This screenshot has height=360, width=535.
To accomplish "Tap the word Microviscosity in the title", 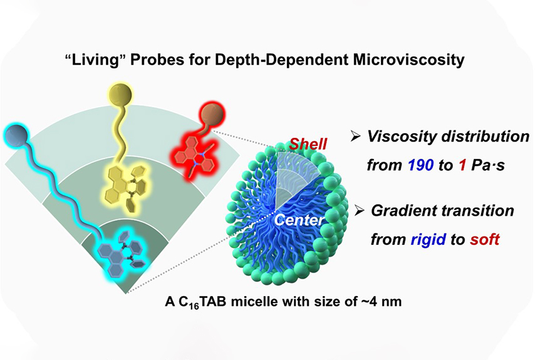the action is coord(408,60).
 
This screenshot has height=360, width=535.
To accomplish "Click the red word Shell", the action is coord(308,144).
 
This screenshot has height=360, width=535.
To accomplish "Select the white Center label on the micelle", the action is coord(299,220).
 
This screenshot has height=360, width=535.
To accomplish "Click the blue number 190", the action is coord(420,165).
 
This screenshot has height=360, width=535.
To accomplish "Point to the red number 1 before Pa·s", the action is coord(462,165).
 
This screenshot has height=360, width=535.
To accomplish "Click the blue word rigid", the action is coord(429,240).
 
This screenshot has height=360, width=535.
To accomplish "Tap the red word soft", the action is coord(484,239).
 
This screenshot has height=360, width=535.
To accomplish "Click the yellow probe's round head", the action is coord(120,93).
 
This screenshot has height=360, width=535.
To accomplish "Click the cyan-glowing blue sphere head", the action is coord(16,135).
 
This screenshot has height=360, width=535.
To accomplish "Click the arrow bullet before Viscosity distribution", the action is coord(356,137).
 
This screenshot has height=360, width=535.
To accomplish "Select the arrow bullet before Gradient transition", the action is coord(360,211).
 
